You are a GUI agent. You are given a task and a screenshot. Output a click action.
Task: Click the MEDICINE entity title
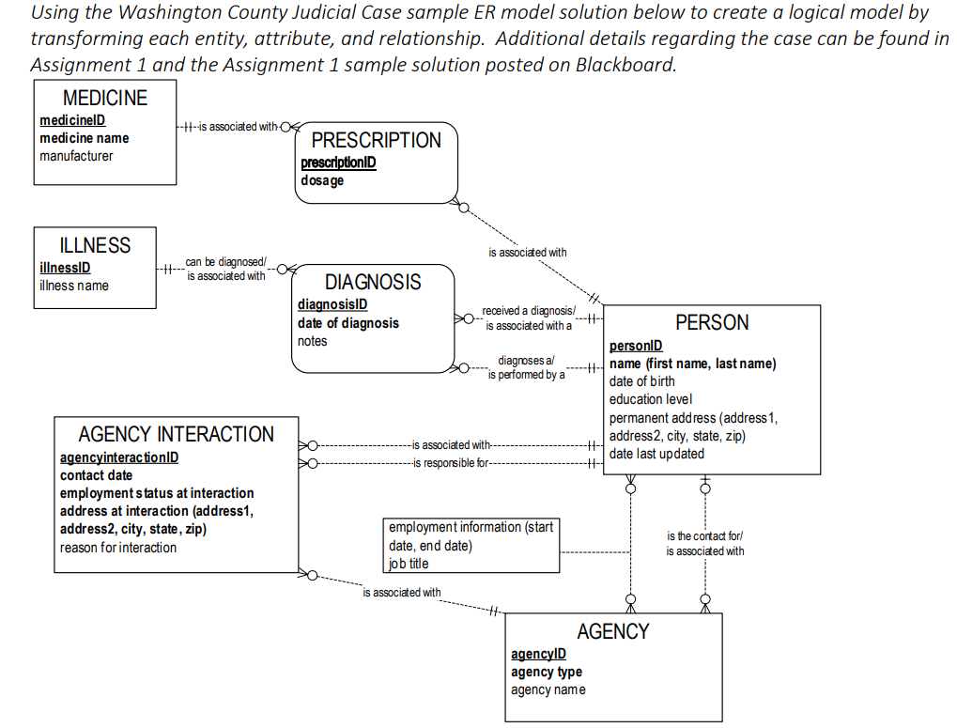[x=104, y=98]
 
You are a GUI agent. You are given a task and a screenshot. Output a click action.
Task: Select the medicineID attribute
[x=72, y=120]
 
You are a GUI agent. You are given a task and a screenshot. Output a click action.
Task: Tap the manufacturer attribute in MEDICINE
[x=76, y=156]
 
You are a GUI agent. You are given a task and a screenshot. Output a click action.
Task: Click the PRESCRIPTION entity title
[x=376, y=140]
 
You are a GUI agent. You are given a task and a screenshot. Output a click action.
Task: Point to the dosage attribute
[x=322, y=180]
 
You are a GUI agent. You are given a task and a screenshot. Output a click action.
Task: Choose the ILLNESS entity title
[x=95, y=245]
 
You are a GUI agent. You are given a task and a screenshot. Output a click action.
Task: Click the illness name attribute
[x=74, y=286]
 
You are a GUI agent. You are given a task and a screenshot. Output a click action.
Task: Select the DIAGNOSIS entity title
[x=373, y=282]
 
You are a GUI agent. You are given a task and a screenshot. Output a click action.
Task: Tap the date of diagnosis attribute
[x=348, y=323]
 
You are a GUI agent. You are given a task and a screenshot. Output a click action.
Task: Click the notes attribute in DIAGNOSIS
[x=313, y=341]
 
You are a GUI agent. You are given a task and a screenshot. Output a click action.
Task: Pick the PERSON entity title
[x=712, y=322]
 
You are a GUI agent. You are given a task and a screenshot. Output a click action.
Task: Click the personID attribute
[x=636, y=346]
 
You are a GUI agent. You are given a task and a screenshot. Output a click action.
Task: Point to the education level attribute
[x=651, y=399]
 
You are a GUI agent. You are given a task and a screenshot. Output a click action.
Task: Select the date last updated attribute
[x=656, y=454]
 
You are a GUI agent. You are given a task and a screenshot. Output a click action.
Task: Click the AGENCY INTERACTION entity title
[x=177, y=434]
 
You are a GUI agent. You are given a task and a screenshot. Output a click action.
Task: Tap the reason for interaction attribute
[x=118, y=548]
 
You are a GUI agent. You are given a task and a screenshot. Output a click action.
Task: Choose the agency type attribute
[x=547, y=672]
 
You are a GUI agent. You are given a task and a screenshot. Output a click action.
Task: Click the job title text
[x=409, y=564]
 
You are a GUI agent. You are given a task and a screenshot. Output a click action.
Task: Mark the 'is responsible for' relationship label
[x=451, y=463]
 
